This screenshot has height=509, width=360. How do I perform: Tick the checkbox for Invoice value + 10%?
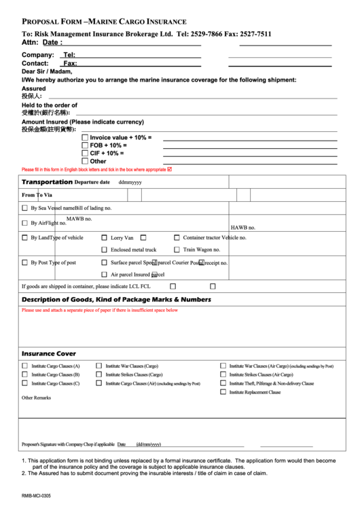coord(85,137)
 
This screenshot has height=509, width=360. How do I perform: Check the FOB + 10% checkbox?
coord(85,145)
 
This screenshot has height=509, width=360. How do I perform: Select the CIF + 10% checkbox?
coord(85,154)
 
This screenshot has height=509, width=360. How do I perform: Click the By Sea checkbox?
coord(25,207)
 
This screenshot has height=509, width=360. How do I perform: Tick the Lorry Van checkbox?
coord(104,238)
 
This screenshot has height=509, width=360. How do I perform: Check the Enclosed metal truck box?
coord(104,249)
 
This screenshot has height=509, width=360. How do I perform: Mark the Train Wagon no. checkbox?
coord(177,249)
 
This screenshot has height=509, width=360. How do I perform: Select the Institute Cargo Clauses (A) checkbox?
coord(25,366)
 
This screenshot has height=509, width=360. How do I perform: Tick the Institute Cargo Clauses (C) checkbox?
coord(25,383)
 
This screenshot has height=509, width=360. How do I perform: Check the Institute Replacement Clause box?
coord(223,392)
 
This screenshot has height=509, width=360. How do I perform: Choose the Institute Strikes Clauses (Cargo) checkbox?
coord(99,374)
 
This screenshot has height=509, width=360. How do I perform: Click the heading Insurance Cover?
coord(49,354)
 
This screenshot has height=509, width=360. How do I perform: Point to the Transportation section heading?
coord(47,182)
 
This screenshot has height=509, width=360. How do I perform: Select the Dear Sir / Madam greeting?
coord(46,71)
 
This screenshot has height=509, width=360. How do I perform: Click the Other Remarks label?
coord(36,398)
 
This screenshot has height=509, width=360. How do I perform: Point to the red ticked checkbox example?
coord(170,169)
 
